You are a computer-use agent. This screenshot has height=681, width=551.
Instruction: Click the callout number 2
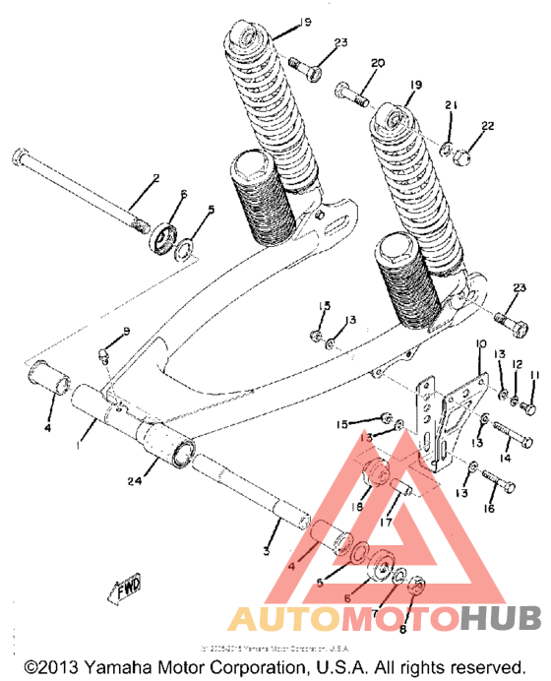(x=154, y=178)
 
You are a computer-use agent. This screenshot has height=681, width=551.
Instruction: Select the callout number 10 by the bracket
(x=481, y=344)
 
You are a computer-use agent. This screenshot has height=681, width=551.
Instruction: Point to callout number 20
(x=376, y=63)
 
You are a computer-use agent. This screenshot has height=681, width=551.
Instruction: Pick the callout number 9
(x=126, y=331)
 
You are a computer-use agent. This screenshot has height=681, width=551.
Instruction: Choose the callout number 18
(x=355, y=506)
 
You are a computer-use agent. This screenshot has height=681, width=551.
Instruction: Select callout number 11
(x=536, y=376)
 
